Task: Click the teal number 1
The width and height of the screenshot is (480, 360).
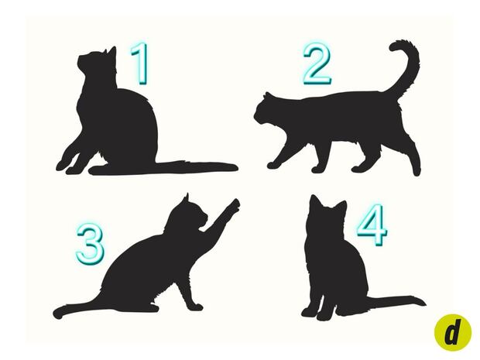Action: pyautogui.click(x=140, y=63)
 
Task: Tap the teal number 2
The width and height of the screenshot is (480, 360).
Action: pyautogui.click(x=317, y=63)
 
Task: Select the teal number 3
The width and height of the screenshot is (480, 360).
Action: pyautogui.click(x=91, y=244)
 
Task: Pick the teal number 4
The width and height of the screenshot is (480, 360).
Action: pyautogui.click(x=372, y=225)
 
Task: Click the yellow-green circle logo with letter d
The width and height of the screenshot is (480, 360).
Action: pyautogui.click(x=453, y=332)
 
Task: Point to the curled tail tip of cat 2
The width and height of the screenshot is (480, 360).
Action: pyautogui.click(x=395, y=46)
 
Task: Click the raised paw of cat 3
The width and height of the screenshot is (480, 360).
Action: pyautogui.click(x=234, y=205)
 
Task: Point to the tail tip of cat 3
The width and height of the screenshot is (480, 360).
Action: pyautogui.click(x=58, y=314)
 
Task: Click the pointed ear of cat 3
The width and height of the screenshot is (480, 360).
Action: pyautogui.click(x=186, y=198)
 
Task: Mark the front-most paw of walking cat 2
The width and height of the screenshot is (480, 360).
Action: pyautogui.click(x=273, y=165)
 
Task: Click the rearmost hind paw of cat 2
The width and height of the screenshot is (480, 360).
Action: pyautogui.click(x=417, y=171)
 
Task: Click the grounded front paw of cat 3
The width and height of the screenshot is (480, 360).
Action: pyautogui.click(x=196, y=306)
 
